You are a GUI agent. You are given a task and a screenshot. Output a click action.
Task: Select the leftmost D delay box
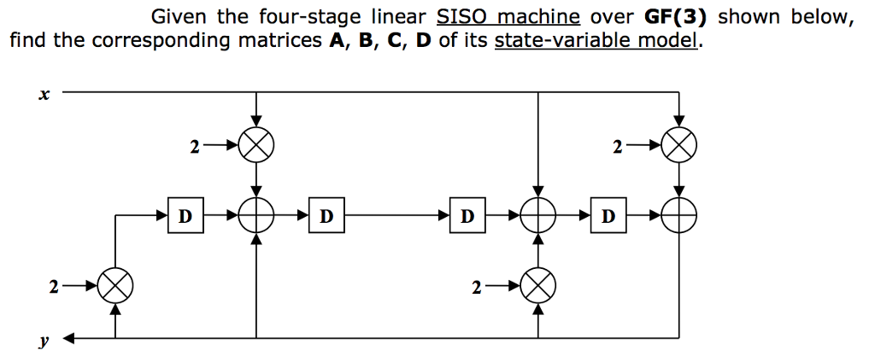click(x=185, y=215)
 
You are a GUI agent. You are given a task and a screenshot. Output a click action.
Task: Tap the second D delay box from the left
click(x=326, y=215)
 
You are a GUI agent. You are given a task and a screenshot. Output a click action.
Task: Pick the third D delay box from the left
click(x=467, y=215)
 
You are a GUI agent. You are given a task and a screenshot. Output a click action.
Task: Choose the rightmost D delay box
click(x=608, y=215)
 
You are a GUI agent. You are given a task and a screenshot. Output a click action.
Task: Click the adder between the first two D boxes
click(x=256, y=215)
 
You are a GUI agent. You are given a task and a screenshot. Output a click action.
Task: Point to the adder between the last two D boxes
click(x=537, y=215)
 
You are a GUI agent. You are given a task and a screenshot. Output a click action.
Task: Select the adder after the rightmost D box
click(x=679, y=215)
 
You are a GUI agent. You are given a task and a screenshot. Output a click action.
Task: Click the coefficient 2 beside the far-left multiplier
click(x=53, y=287)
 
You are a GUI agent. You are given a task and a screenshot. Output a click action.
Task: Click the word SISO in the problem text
click(x=462, y=17)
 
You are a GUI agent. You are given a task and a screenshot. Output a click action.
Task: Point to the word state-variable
click(x=565, y=40)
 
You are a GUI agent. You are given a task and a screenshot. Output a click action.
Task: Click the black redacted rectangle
click(x=74, y=16)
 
